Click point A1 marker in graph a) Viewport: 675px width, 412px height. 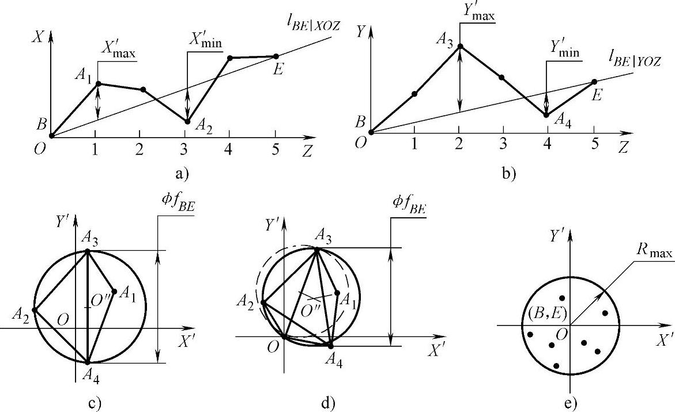point(98,84)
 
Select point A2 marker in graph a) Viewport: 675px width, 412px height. point(187,121)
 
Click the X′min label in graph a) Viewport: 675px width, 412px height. point(206,42)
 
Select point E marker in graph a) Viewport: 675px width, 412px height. point(276,56)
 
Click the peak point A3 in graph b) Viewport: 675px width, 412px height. point(460,45)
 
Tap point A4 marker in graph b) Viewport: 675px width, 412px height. point(546,115)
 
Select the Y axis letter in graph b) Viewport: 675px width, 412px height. point(361,32)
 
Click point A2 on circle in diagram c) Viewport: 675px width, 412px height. point(34,309)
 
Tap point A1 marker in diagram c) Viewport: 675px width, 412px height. point(114,291)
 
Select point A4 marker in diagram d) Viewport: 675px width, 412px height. point(330,345)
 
